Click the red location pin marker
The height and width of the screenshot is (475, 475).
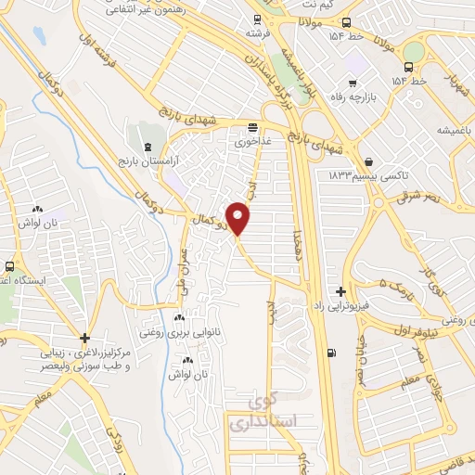click(239, 218)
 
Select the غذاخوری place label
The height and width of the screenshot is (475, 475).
click(254, 142)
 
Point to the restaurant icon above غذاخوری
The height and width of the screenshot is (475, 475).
click(254, 127)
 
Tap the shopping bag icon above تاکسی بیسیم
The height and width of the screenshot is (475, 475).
click(370, 160)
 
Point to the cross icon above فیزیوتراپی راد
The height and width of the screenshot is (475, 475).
click(341, 291)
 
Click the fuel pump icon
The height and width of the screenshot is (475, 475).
click(333, 352)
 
